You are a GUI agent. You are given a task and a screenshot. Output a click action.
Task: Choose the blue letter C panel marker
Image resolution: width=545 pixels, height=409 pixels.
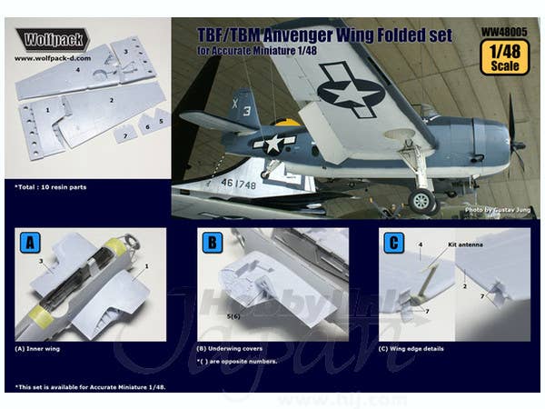tap(392, 243)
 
